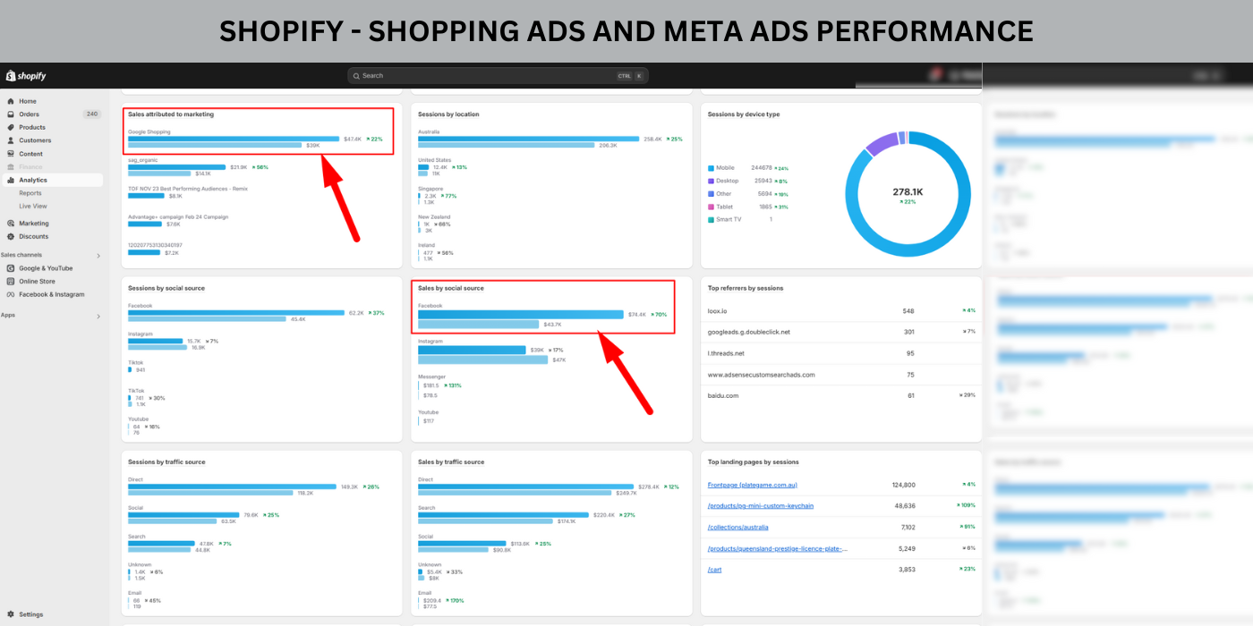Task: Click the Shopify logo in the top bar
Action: point(26,76)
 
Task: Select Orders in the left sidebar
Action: point(30,114)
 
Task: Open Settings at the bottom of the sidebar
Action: point(30,614)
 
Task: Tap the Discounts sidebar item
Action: point(34,236)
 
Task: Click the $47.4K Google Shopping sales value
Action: point(352,139)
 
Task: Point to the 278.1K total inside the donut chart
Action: point(908,191)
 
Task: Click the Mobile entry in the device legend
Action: point(725,168)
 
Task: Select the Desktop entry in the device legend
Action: point(727,181)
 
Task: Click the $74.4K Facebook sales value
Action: point(636,314)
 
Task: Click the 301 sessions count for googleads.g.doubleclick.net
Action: point(908,332)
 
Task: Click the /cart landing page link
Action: point(714,570)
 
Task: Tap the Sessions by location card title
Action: point(448,114)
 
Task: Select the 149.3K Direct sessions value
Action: point(349,486)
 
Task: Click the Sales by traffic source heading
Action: point(451,462)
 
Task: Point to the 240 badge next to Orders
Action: point(92,114)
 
